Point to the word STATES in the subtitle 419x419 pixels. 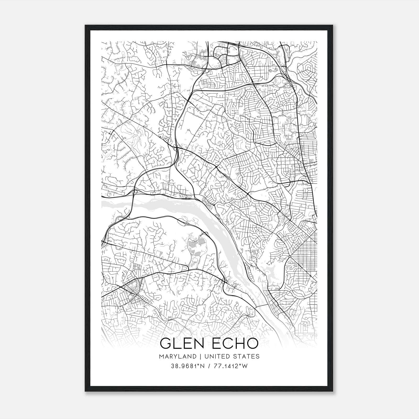point(246,356)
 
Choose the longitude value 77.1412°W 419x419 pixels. point(231,366)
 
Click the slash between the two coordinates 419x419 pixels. point(208,366)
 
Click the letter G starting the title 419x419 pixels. point(166,343)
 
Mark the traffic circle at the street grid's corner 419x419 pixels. point(290,260)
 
